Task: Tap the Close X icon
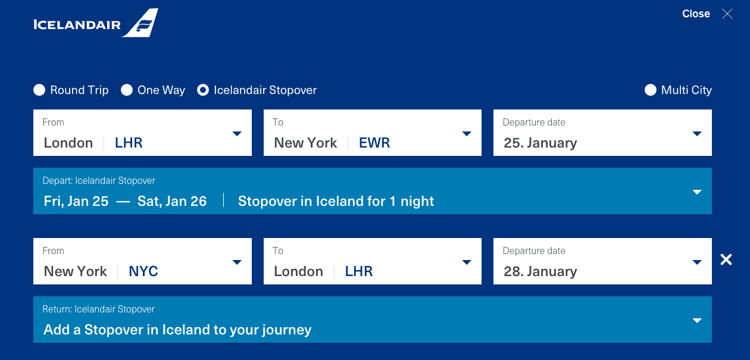coord(727,14)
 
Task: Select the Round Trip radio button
coord(39,90)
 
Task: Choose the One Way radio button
coord(127,90)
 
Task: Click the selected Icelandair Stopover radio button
coord(203,90)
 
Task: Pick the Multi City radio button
coord(651,90)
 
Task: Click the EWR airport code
coord(374,143)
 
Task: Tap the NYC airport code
coord(143,271)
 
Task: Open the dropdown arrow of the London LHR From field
coord(237,134)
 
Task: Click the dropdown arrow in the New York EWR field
coord(467,134)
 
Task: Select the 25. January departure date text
coord(540,143)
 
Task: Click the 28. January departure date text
coord(540,271)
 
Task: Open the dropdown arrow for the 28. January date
coord(697,262)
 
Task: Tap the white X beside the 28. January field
coord(726,259)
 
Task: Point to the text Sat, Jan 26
coord(172,201)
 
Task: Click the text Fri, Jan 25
coord(76,201)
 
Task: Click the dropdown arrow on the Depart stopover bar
coord(697,192)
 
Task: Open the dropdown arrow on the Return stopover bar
coord(697,321)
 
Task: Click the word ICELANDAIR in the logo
coord(77,25)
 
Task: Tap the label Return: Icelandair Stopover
coord(98,309)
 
